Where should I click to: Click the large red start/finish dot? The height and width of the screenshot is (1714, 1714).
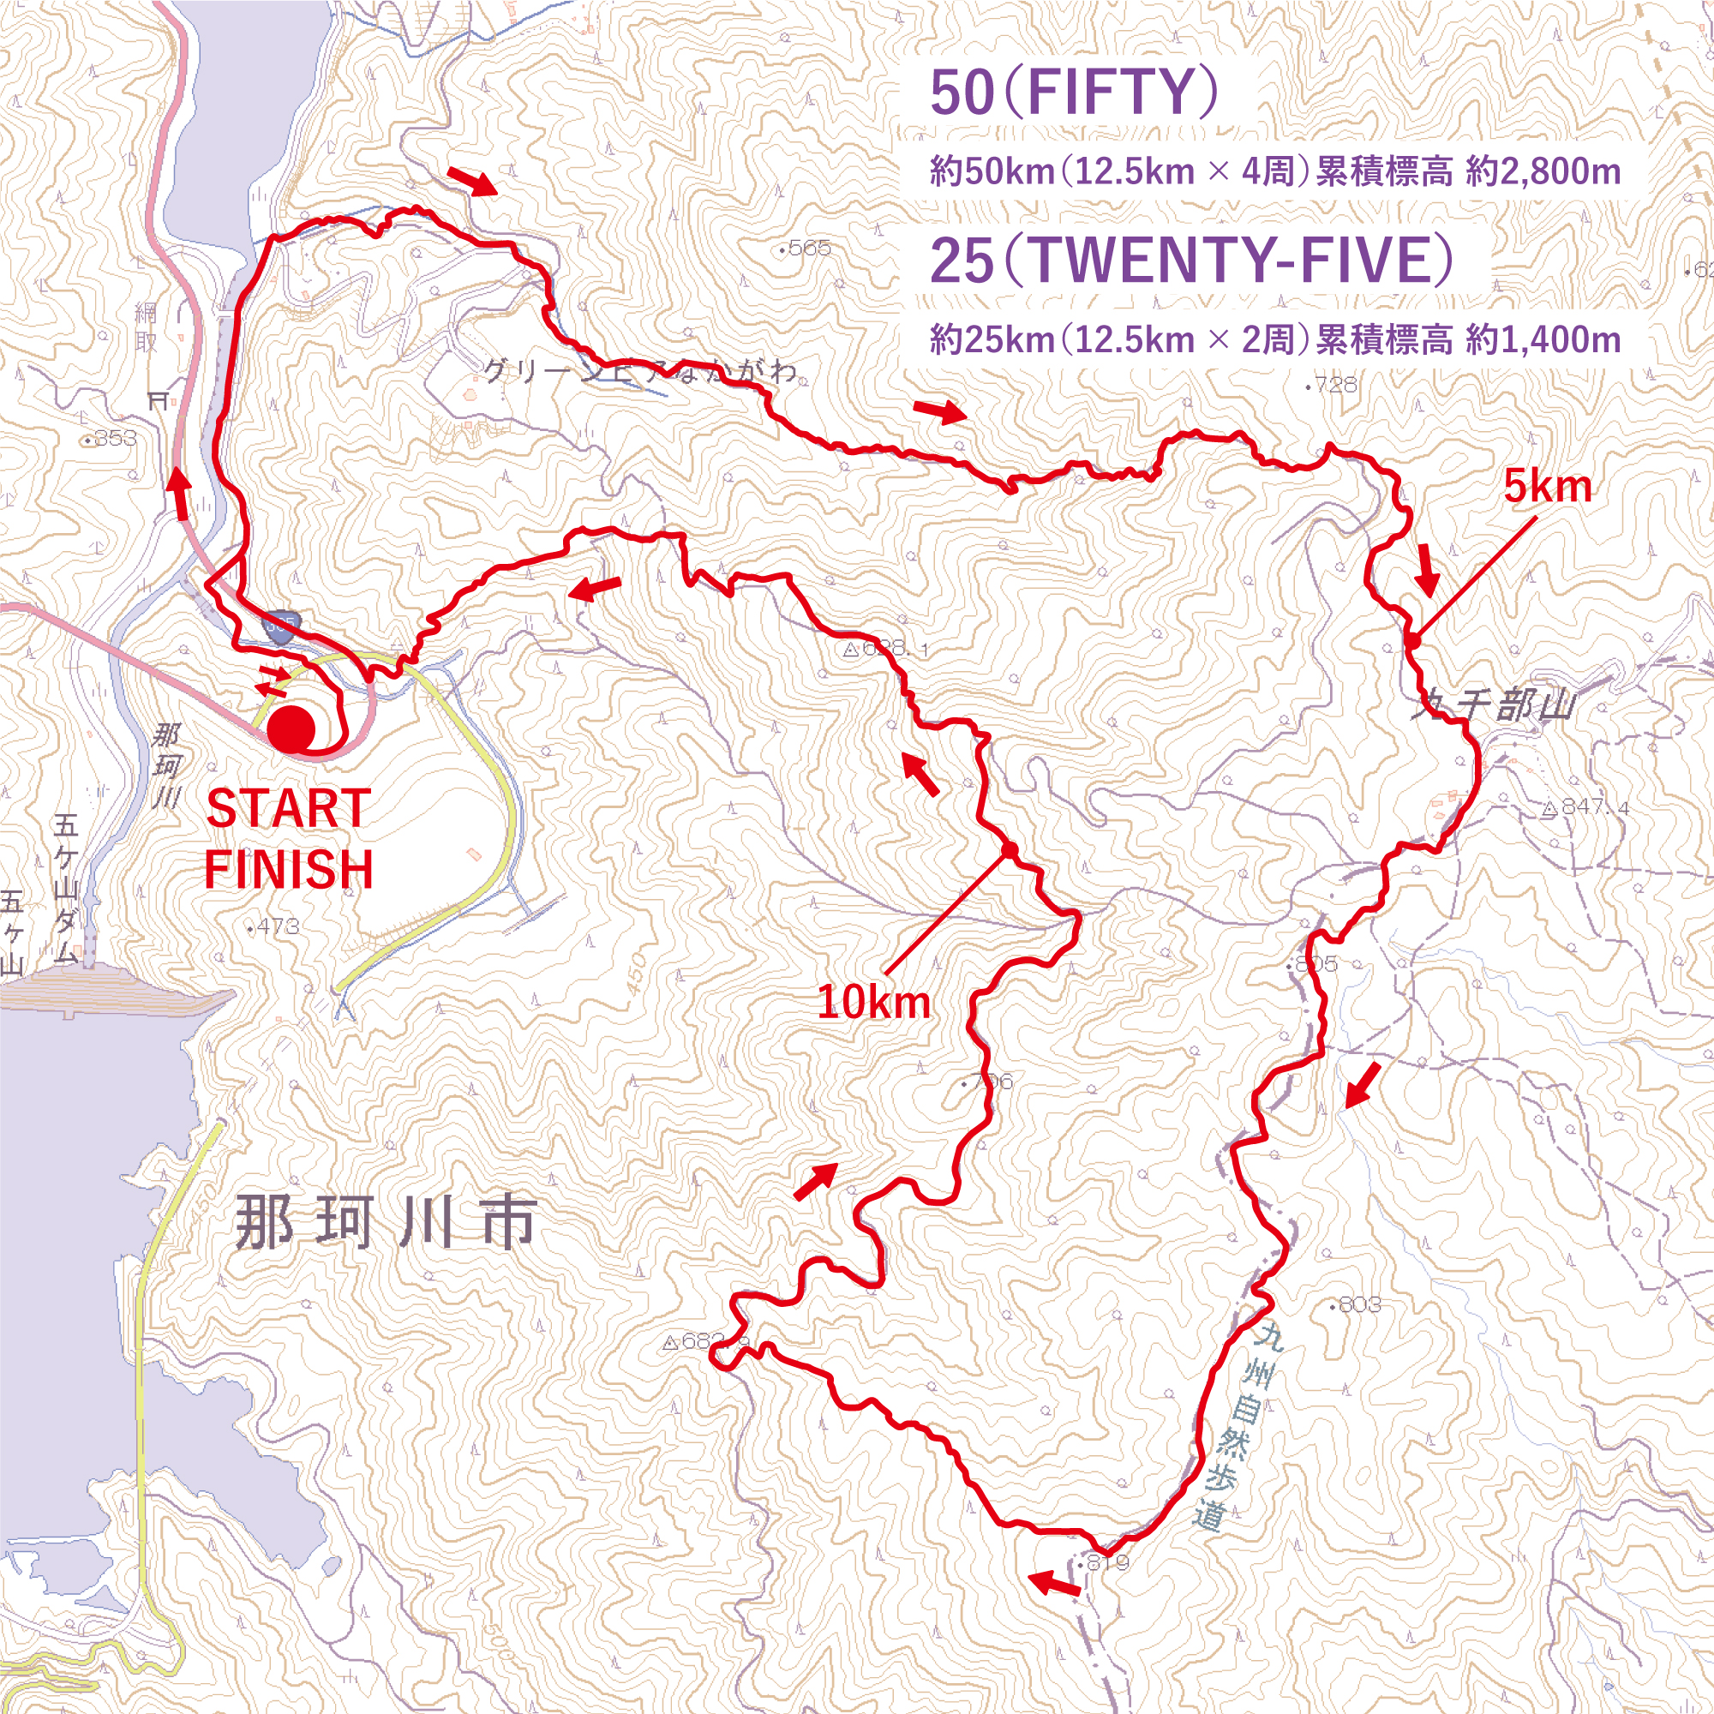[292, 729]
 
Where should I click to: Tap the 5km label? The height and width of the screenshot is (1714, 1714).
[1547, 487]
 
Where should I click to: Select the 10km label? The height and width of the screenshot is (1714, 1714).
[874, 1003]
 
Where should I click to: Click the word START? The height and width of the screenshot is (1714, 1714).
[288, 809]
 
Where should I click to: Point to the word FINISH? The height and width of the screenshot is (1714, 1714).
[288, 869]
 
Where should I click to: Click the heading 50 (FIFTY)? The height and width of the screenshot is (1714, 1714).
[1074, 93]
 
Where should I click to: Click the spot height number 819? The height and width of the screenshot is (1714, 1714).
[1108, 1562]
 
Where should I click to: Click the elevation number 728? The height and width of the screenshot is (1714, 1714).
[1335, 384]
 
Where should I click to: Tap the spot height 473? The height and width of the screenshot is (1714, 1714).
[278, 927]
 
